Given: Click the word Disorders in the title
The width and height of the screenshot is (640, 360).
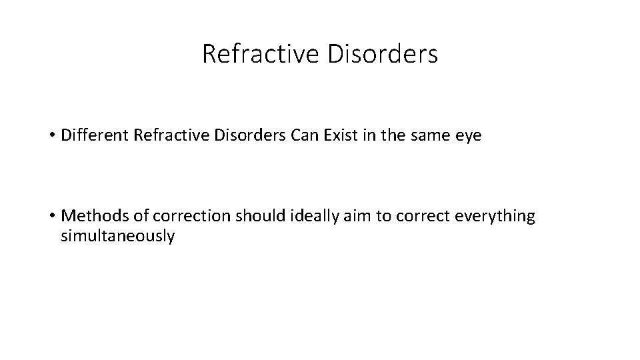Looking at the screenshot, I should pyautogui.click(x=384, y=54).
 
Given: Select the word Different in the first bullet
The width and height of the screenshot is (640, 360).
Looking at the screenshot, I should pyautogui.click(x=95, y=137).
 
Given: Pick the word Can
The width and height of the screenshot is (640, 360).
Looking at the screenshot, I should pyautogui.click(x=304, y=137).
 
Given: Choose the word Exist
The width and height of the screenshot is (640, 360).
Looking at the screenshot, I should pyautogui.click(x=339, y=137).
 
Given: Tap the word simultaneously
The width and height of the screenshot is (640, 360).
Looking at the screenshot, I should pyautogui.click(x=117, y=237).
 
